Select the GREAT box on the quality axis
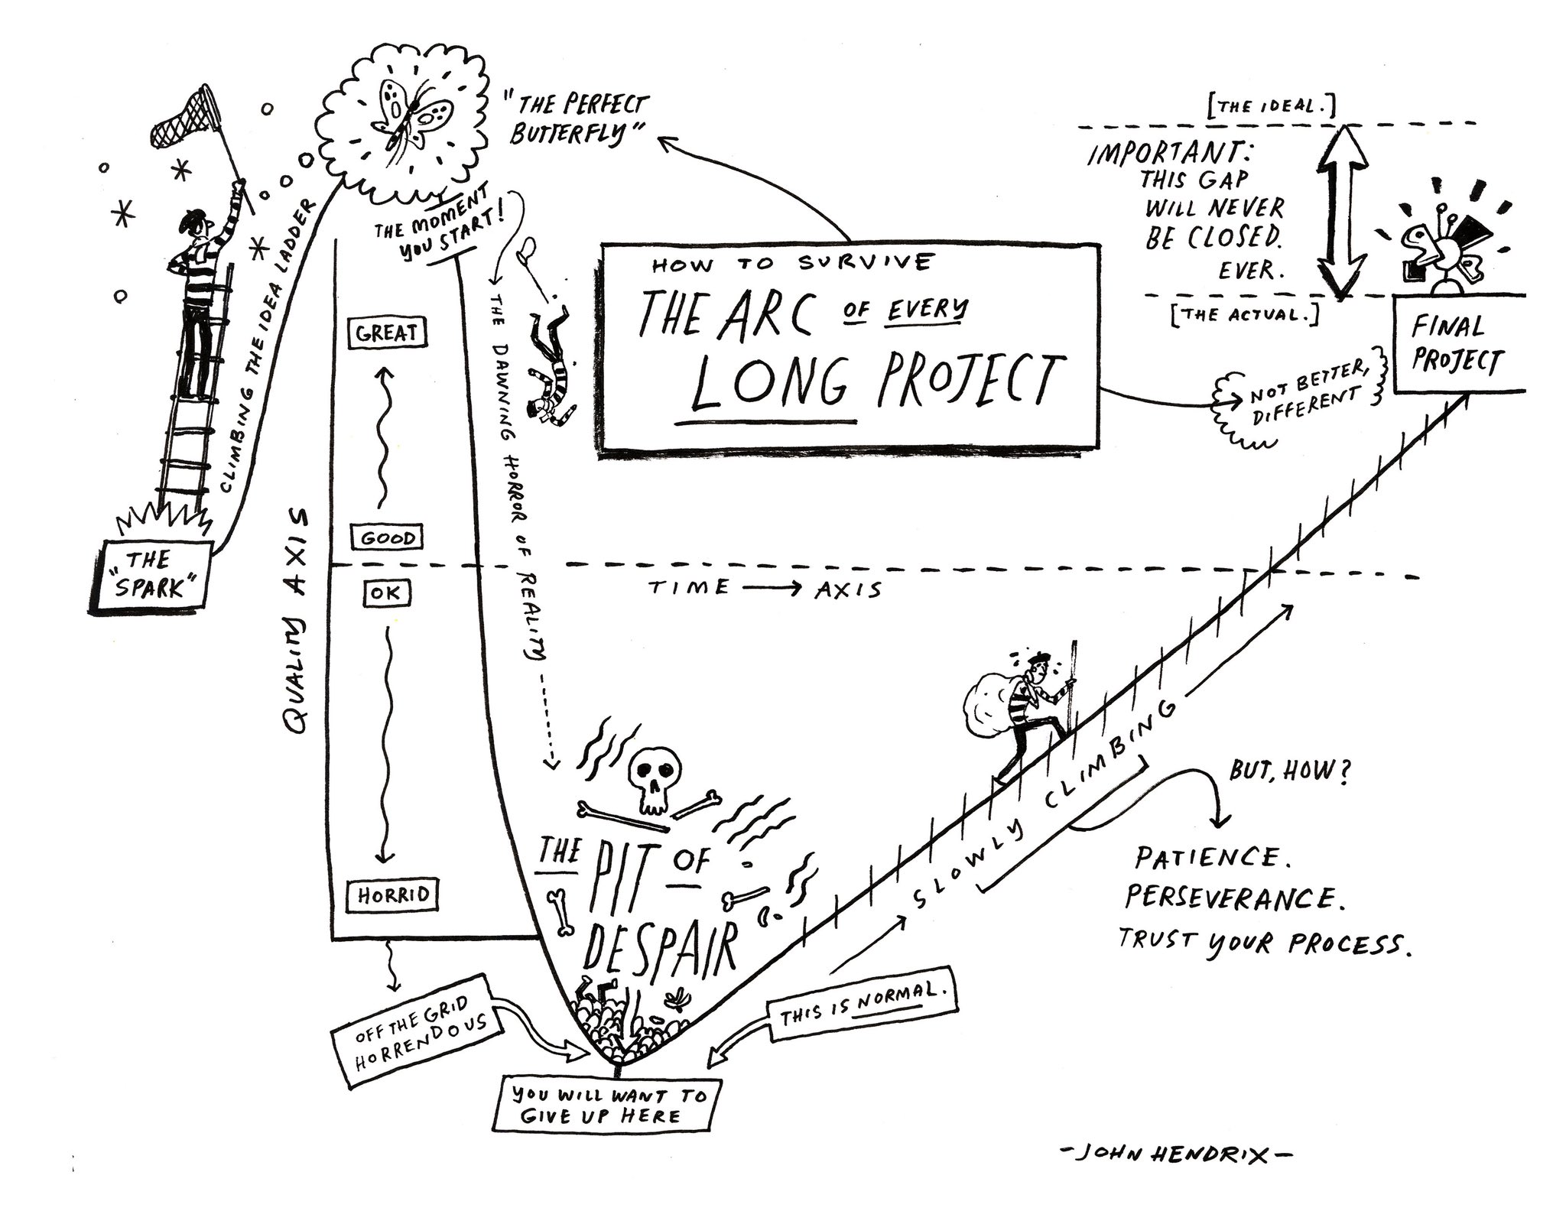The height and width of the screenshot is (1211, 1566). pyautogui.click(x=386, y=333)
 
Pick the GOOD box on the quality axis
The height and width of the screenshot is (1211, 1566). pyautogui.click(x=388, y=537)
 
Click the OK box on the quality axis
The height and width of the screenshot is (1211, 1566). pyautogui.click(x=387, y=593)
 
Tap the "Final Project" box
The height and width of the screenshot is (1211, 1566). pyautogui.click(x=1457, y=344)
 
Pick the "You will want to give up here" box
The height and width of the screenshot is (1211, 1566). pyautogui.click(x=609, y=1105)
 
